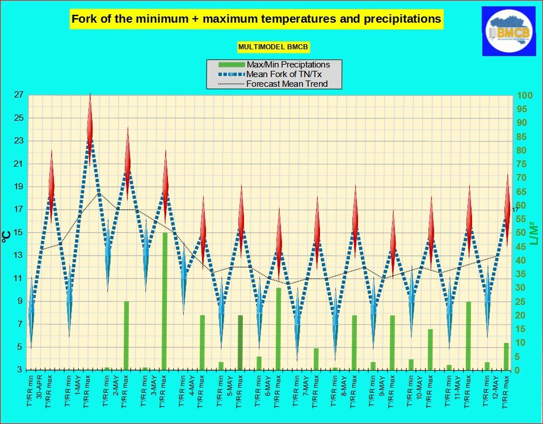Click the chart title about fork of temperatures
(256, 19)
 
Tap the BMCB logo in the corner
(508, 31)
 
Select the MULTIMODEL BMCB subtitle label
(273, 47)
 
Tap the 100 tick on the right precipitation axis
(525, 95)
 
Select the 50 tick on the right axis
(523, 232)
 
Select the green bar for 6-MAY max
(279, 329)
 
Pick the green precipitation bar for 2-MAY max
(127, 336)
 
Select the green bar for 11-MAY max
(469, 336)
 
